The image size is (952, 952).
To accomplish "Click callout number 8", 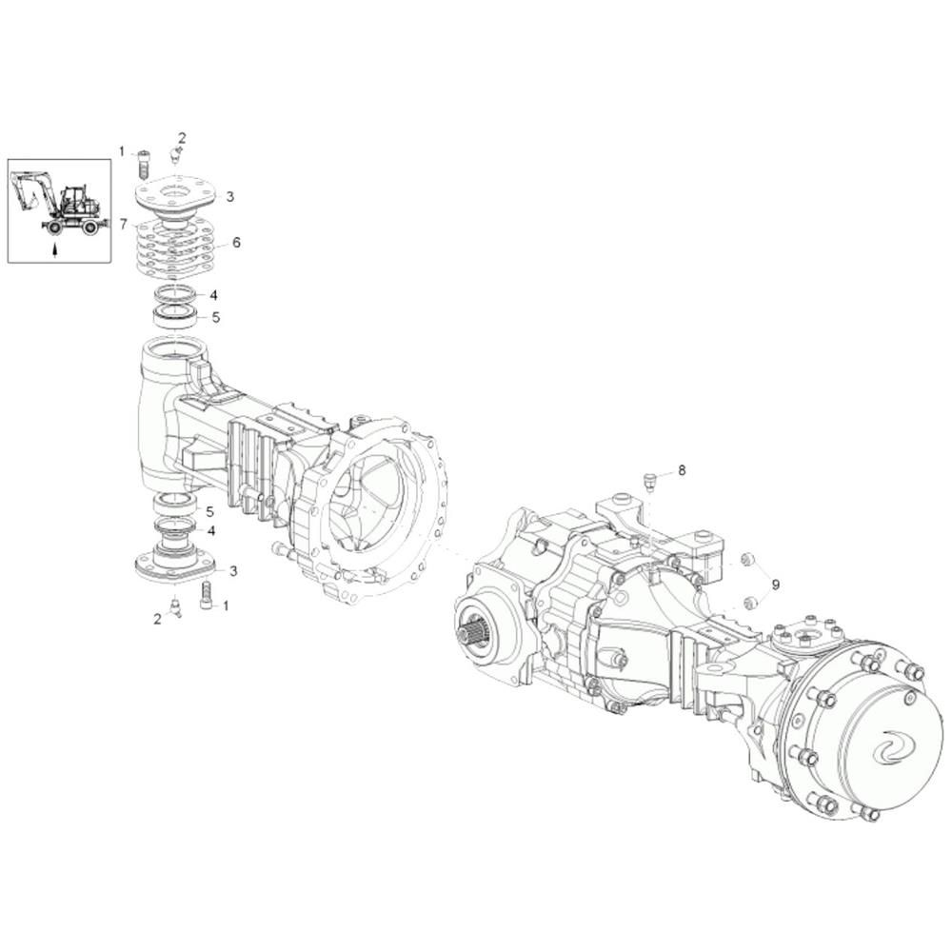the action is (x=682, y=469).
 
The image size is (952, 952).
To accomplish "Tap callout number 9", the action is (x=775, y=585).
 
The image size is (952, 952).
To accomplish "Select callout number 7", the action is (x=124, y=224).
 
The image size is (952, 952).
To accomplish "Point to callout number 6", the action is (x=236, y=242).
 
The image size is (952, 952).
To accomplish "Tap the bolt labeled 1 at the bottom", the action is (x=207, y=596).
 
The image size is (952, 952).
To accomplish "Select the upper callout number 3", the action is (x=230, y=197).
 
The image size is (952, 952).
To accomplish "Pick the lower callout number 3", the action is (x=232, y=570).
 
